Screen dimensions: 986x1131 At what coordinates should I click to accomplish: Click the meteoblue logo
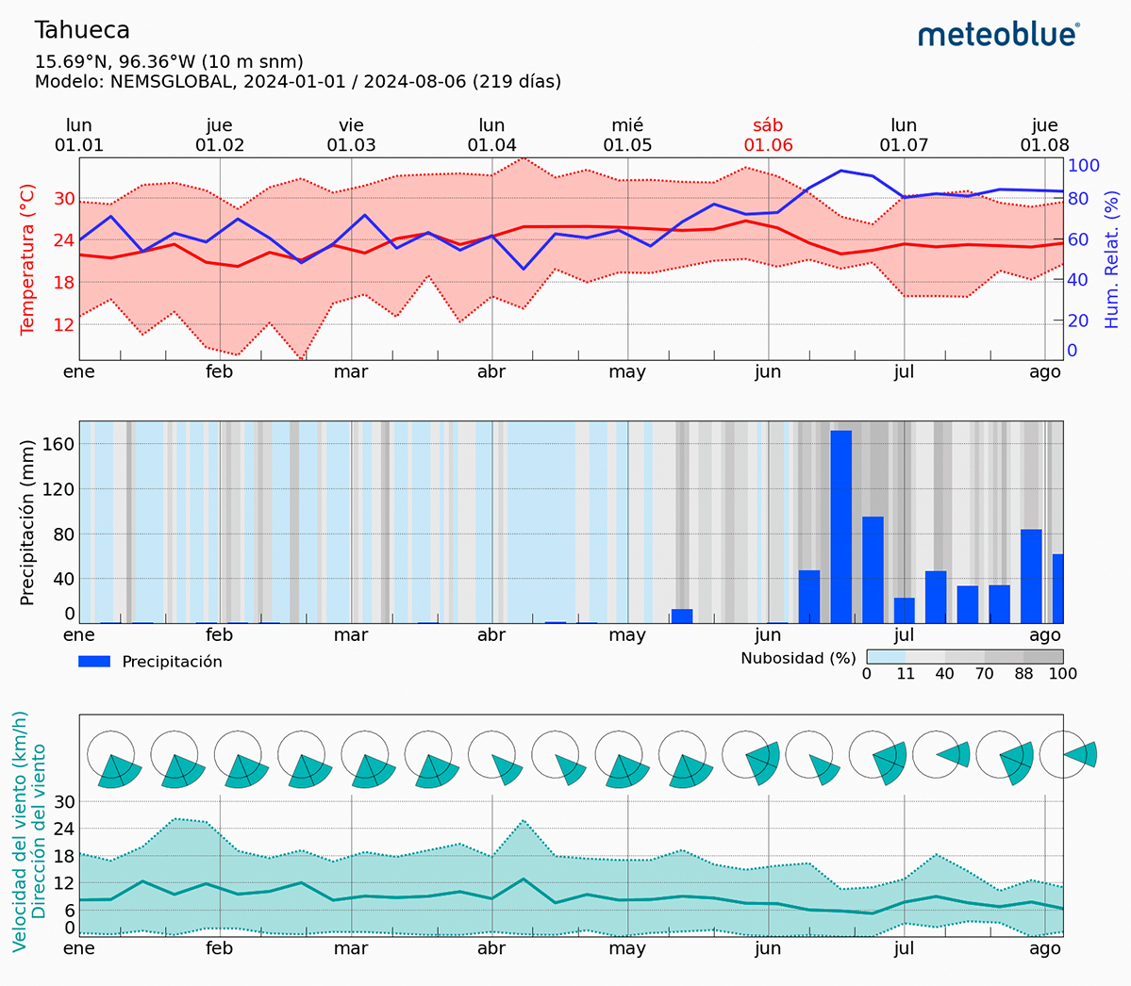click(x=998, y=35)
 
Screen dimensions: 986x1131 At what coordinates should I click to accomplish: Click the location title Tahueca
click(x=82, y=30)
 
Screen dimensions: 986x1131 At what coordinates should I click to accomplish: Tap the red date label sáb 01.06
click(x=768, y=135)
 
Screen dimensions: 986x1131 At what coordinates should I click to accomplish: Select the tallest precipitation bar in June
click(x=840, y=526)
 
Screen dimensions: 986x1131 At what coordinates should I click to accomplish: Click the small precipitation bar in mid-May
click(x=681, y=616)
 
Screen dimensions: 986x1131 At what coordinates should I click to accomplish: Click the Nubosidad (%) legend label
click(x=798, y=658)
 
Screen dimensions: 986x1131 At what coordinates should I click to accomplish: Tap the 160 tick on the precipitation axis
click(x=58, y=444)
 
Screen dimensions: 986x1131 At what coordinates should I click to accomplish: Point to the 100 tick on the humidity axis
click(x=1084, y=166)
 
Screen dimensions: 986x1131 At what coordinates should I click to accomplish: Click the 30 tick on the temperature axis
click(x=64, y=198)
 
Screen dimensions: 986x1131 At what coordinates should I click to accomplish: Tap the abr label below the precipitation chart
click(x=491, y=635)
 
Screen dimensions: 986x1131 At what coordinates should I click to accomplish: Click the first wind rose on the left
click(x=113, y=759)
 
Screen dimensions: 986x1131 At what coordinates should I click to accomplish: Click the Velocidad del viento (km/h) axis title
click(x=20, y=830)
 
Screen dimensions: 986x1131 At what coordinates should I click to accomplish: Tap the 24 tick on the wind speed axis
click(x=64, y=829)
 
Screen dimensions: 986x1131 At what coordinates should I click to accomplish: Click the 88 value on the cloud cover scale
click(x=1023, y=674)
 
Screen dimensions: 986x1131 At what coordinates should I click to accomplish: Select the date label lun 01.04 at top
click(x=491, y=135)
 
